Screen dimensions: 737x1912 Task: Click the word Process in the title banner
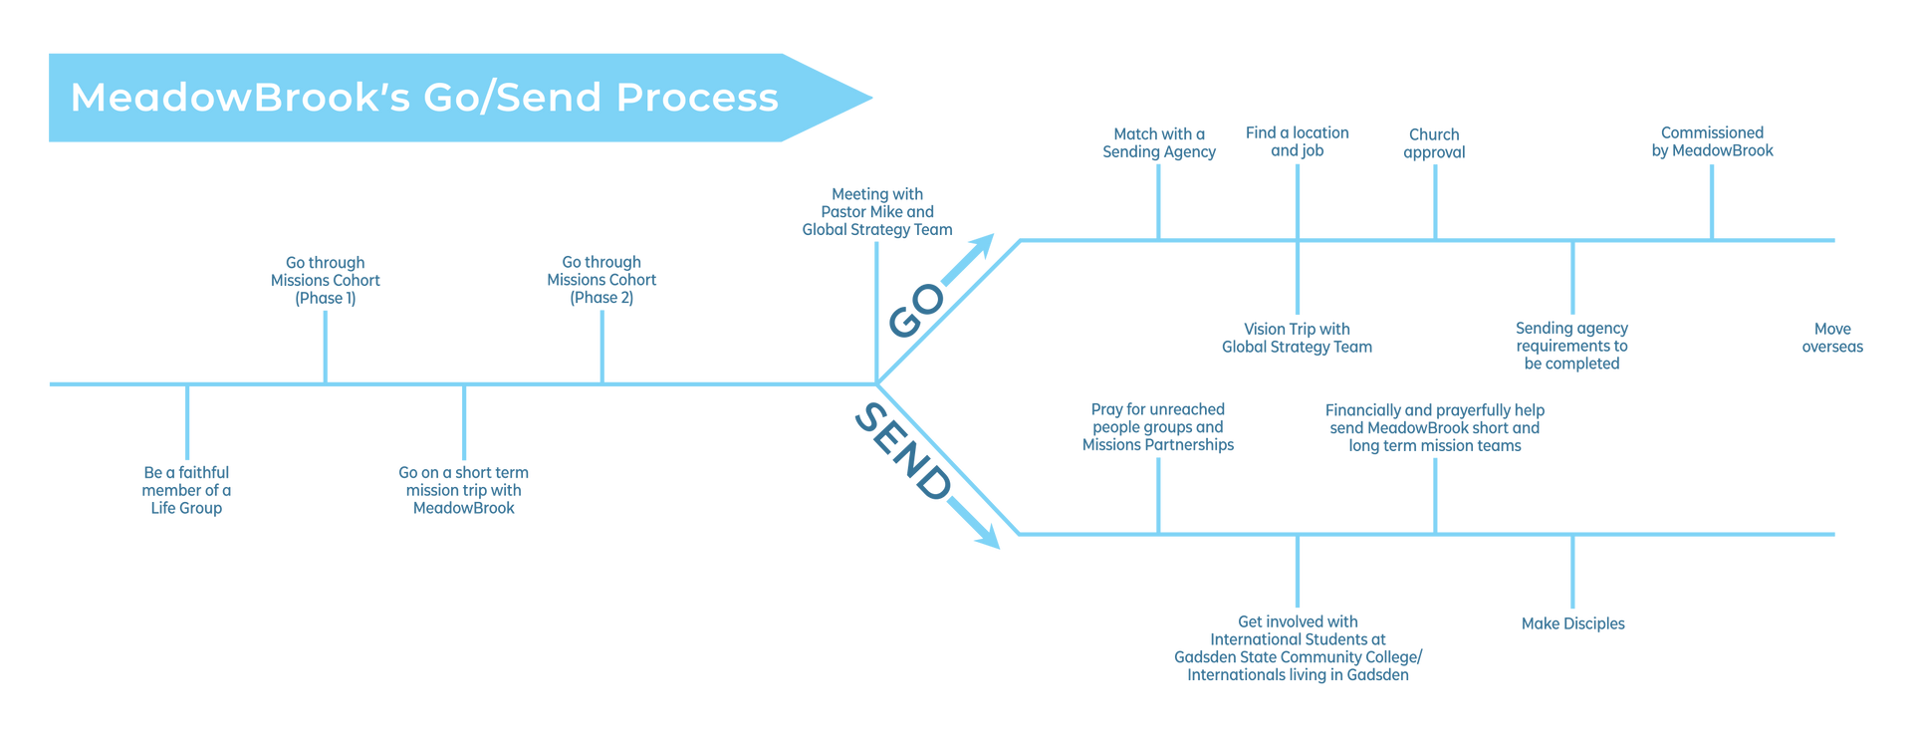(x=697, y=98)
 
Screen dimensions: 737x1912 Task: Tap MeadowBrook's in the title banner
(x=240, y=98)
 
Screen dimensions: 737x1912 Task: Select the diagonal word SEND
(x=902, y=451)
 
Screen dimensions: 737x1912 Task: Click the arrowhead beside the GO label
(x=982, y=245)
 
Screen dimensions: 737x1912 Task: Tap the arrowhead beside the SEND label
(x=987, y=537)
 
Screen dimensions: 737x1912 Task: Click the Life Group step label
(x=186, y=489)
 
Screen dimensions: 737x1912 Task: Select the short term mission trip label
(x=463, y=489)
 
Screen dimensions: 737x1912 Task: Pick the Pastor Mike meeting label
(x=877, y=211)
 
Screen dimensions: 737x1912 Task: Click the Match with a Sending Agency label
(x=1158, y=142)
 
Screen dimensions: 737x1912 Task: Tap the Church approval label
(x=1434, y=142)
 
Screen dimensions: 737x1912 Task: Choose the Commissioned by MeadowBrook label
(x=1712, y=141)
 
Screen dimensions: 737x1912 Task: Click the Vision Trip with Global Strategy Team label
(x=1297, y=338)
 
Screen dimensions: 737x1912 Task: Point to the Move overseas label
(x=1831, y=338)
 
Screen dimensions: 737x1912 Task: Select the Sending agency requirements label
(x=1572, y=346)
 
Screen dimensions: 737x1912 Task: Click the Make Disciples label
(x=1572, y=623)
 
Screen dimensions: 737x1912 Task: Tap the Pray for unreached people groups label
(x=1157, y=427)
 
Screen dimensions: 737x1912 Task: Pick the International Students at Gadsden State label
(x=1298, y=648)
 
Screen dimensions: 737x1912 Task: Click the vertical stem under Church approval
(x=1435, y=200)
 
